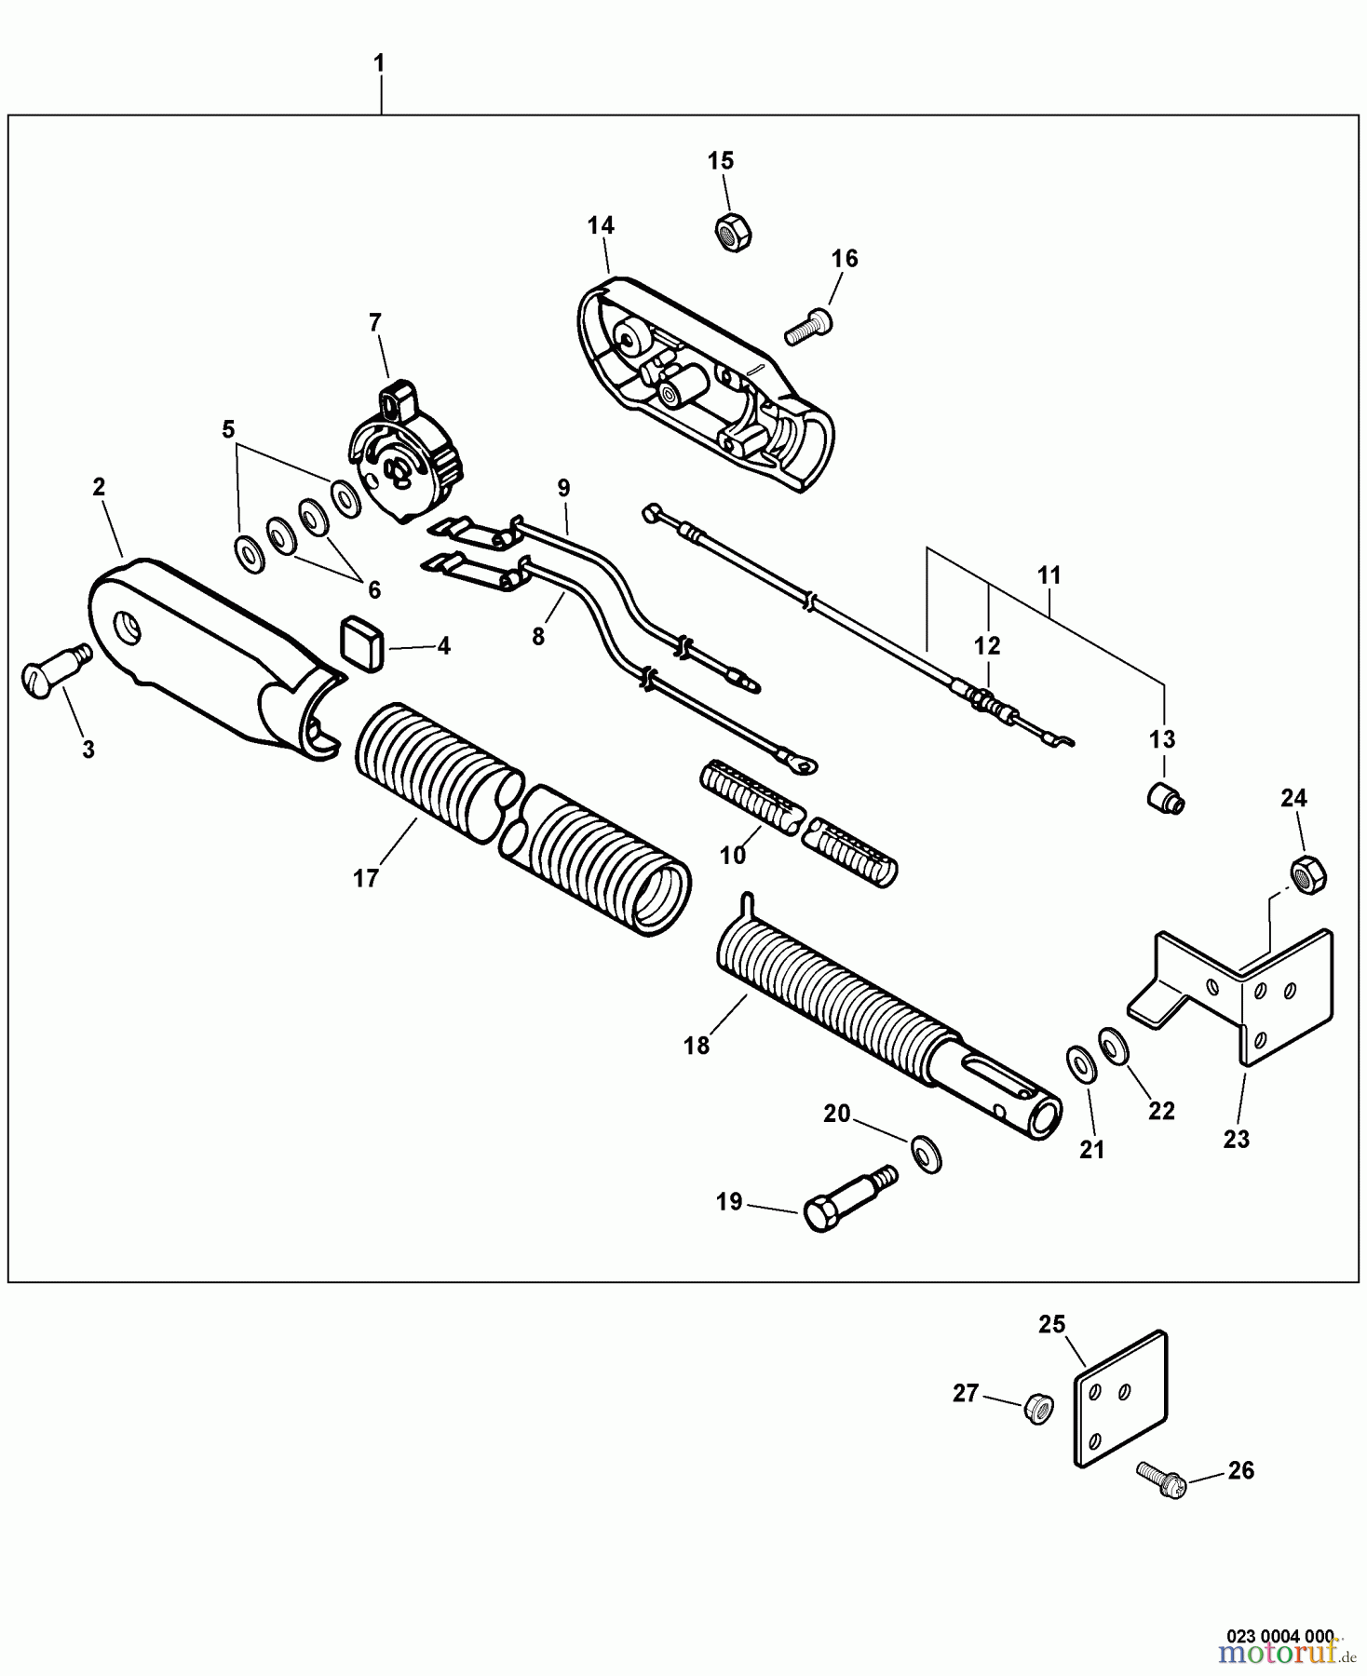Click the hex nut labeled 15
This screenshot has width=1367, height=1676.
pyautogui.click(x=733, y=231)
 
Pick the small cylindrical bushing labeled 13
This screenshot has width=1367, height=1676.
pyautogui.click(x=1164, y=798)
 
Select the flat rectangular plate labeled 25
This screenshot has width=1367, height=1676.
pyautogui.click(x=1120, y=1399)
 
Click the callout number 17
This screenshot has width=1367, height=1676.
pyautogui.click(x=365, y=877)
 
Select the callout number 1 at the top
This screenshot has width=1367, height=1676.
pyautogui.click(x=379, y=63)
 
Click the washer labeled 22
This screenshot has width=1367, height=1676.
pyautogui.click(x=1112, y=1044)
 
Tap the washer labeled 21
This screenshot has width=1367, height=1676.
pyautogui.click(x=1079, y=1062)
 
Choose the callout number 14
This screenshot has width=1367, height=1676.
pyautogui.click(x=601, y=225)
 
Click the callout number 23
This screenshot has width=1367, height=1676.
pyautogui.click(x=1236, y=1139)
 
